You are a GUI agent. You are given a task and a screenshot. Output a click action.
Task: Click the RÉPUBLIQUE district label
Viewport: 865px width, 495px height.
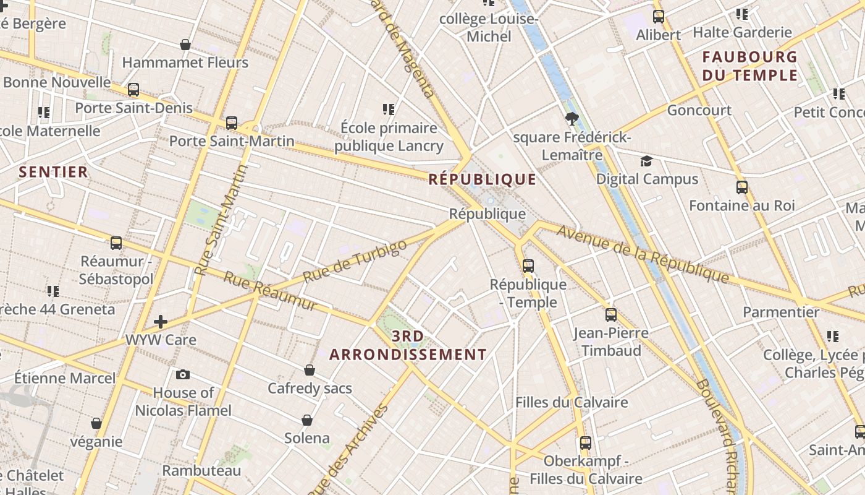point(483,179)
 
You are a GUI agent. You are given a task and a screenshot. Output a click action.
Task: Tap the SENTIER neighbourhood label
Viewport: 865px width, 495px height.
point(53,172)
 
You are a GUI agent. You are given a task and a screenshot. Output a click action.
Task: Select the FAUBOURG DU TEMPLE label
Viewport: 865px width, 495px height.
point(750,66)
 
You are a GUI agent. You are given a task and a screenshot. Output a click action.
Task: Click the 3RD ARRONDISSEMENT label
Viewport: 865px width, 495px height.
point(408,346)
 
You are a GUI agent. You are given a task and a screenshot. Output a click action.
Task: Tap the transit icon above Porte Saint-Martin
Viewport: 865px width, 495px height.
point(232,123)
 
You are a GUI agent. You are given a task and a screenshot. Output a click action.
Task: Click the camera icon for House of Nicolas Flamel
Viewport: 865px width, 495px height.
point(183,374)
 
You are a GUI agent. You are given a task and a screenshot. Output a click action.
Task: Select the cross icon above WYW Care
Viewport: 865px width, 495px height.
point(161,321)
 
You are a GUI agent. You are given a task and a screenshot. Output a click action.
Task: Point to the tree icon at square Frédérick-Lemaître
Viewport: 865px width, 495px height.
point(572,119)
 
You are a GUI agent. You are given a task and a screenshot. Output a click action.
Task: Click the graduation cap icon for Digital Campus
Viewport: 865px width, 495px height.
point(646,161)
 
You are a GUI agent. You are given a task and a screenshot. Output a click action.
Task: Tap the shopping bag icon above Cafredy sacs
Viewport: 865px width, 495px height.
point(310,370)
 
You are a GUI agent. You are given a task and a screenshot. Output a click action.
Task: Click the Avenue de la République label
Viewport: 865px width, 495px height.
point(643,254)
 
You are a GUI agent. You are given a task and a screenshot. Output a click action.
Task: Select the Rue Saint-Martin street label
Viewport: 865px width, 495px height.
point(221,220)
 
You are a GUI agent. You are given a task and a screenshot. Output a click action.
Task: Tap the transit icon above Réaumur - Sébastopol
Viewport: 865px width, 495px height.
point(116,243)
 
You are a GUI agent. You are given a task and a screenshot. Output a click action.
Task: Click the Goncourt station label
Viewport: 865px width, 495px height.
point(699,110)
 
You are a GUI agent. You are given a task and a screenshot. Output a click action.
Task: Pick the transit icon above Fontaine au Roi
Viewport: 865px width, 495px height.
point(742,187)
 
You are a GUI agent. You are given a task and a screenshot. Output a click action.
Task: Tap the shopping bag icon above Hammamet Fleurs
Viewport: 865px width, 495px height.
point(185,45)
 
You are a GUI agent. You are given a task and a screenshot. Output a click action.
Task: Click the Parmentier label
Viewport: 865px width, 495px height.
point(781,312)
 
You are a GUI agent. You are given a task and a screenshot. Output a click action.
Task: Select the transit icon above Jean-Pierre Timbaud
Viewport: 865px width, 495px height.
point(611,315)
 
